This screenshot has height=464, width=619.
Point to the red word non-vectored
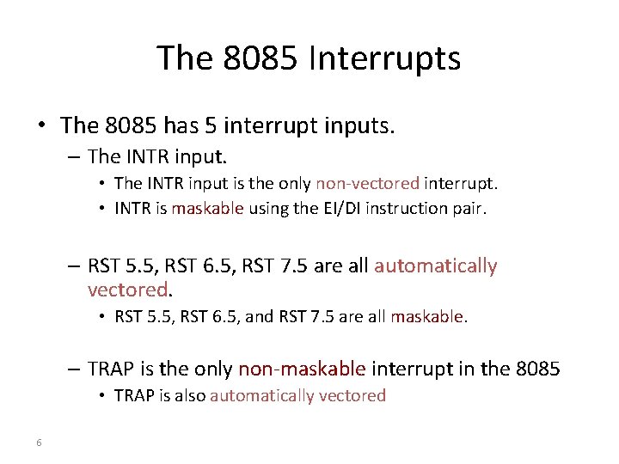point(368,183)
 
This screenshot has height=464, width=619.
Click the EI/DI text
point(340,208)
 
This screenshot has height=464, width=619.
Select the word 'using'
point(268,208)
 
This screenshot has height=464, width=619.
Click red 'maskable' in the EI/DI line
point(208,208)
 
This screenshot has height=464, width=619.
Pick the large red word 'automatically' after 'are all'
point(435,266)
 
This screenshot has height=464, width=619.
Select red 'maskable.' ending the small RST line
point(429,317)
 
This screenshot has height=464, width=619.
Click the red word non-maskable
point(302,369)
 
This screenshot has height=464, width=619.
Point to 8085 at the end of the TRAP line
point(537,369)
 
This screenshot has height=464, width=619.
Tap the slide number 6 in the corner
point(40,443)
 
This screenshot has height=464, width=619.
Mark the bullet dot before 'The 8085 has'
point(41,126)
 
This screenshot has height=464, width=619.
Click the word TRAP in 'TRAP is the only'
point(112,369)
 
